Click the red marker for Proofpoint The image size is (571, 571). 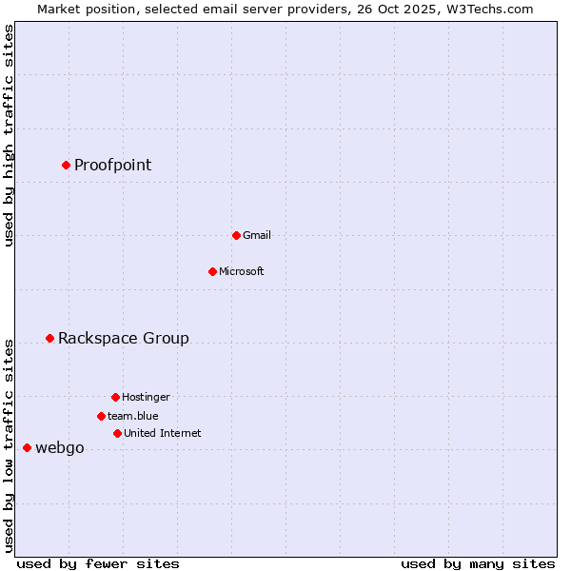tap(66, 165)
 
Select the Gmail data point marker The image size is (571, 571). tap(236, 235)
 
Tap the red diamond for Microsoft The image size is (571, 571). tap(212, 271)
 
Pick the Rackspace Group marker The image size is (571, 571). tap(49, 338)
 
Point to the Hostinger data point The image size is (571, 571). tap(115, 397)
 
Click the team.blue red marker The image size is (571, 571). tap(101, 416)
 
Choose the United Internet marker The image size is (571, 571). tap(117, 433)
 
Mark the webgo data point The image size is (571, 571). tap(27, 447)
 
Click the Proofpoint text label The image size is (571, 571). tap(112, 165)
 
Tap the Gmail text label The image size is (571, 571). tap(257, 235)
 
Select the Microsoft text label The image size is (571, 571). tap(241, 271)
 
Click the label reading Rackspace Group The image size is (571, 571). tap(123, 338)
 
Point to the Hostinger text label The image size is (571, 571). tap(146, 397)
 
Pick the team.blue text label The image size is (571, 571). tap(132, 416)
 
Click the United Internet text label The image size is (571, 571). tap(162, 433)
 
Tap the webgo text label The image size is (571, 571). tap(59, 448)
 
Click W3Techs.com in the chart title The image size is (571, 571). tap(489, 9)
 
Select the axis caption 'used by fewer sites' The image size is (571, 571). tap(98, 563)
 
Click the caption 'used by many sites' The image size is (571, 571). tap(478, 563)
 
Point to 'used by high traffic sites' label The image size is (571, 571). tap(9, 135)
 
